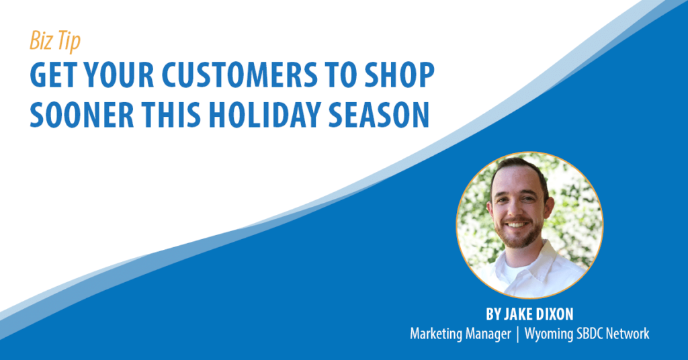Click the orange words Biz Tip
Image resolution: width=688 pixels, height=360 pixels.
(55, 41)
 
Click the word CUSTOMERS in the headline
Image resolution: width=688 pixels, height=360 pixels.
(240, 75)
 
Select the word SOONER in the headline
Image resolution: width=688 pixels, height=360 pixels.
(81, 114)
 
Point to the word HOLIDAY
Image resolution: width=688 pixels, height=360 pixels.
(265, 114)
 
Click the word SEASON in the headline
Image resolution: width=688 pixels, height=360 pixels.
(379, 114)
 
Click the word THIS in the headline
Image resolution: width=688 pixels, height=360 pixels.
(171, 114)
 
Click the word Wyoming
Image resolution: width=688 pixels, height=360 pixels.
(547, 334)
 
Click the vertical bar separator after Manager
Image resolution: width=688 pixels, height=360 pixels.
(518, 334)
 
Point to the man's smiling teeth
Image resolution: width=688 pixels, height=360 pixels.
(517, 224)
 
